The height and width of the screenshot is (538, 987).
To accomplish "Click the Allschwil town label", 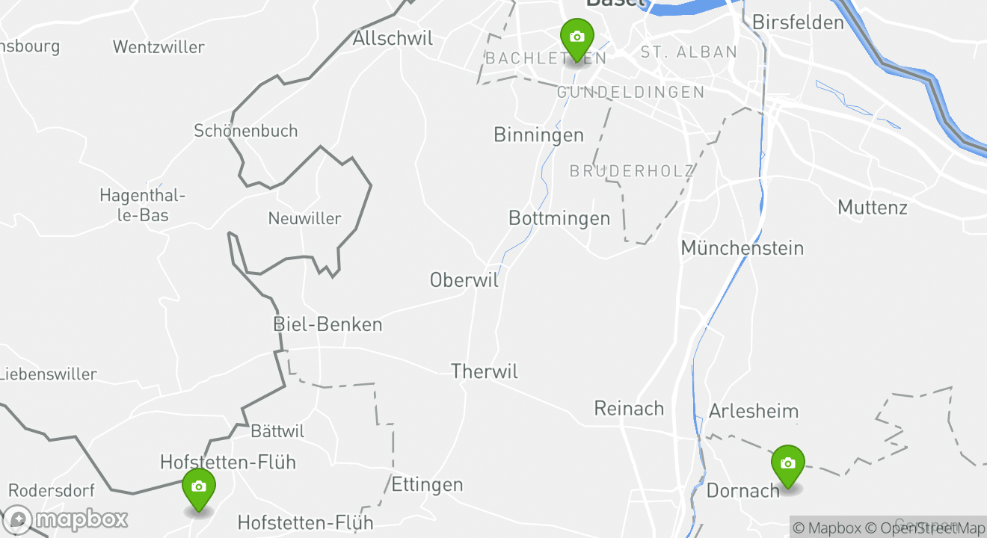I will point(393,38).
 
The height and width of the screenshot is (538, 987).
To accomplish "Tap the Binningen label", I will point(538,134).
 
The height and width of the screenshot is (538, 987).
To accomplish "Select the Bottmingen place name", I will point(559,218).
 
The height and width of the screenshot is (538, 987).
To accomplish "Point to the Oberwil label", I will point(464,279).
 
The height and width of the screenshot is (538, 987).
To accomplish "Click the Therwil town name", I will point(485,371).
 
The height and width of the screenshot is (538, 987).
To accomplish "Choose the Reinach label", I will point(629,408).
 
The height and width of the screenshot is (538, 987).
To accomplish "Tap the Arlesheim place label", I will point(754,411).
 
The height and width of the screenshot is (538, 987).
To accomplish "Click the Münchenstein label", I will point(742,247).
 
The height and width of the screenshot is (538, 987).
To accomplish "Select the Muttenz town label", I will point(873,207).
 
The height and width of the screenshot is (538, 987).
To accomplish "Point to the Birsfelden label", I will point(798,22).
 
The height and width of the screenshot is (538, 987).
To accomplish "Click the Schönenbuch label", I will point(246,131).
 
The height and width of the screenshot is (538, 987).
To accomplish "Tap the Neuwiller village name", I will point(304,219).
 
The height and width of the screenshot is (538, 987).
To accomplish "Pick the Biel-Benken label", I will point(328,324).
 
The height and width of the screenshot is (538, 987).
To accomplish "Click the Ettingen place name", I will point(427,484).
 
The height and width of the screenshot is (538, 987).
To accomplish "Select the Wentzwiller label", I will point(159,47).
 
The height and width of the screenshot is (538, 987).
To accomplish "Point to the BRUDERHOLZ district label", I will point(632,171).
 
